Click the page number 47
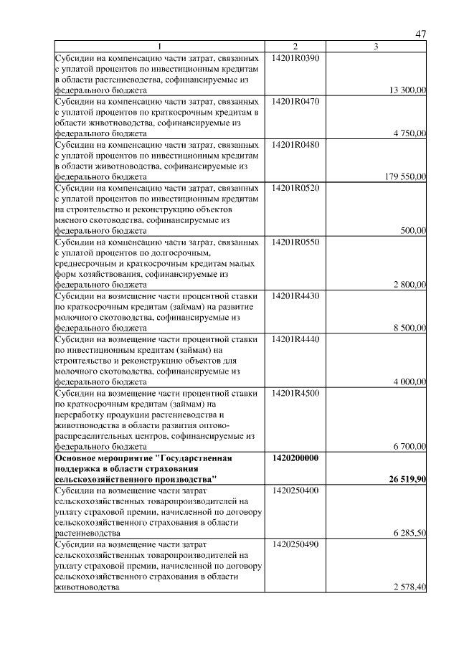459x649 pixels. click(422, 34)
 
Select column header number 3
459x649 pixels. click(377, 47)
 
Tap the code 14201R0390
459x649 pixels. click(295, 57)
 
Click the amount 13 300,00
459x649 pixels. click(407, 90)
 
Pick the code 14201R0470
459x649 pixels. click(295, 101)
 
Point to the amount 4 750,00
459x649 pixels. click(410, 133)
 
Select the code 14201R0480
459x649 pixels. click(295, 144)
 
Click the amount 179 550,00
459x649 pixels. click(405, 176)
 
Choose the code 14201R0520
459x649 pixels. click(295, 187)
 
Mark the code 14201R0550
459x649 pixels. click(295, 242)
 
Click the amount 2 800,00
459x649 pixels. click(410, 285)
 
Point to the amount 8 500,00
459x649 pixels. click(410, 328)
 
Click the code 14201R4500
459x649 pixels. click(295, 393)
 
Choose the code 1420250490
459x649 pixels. click(295, 545)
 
